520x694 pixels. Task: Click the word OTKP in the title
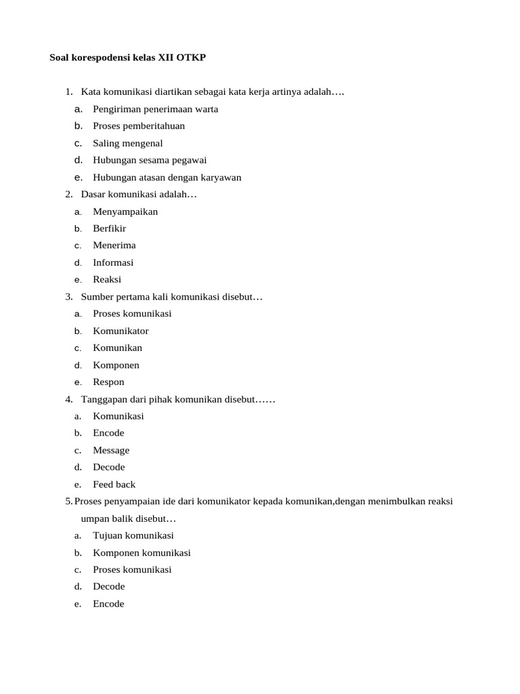pos(191,58)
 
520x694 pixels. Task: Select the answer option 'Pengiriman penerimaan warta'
pos(155,109)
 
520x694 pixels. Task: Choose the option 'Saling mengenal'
pos(127,143)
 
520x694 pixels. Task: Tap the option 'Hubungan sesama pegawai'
pos(150,160)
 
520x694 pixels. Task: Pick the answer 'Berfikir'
pos(109,228)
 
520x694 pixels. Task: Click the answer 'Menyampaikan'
pos(125,211)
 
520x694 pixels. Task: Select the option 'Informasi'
pos(113,262)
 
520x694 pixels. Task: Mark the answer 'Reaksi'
pos(107,279)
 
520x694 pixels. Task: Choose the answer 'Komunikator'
pos(121,331)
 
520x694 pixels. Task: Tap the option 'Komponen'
pos(116,365)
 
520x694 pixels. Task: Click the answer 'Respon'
pos(108,382)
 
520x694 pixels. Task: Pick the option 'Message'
pos(111,450)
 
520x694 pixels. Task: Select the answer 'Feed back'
pos(114,484)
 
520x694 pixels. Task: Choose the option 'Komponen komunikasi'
pos(142,552)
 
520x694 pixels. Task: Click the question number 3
pos(68,296)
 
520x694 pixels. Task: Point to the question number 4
pos(68,399)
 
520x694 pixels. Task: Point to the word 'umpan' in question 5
pos(95,518)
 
